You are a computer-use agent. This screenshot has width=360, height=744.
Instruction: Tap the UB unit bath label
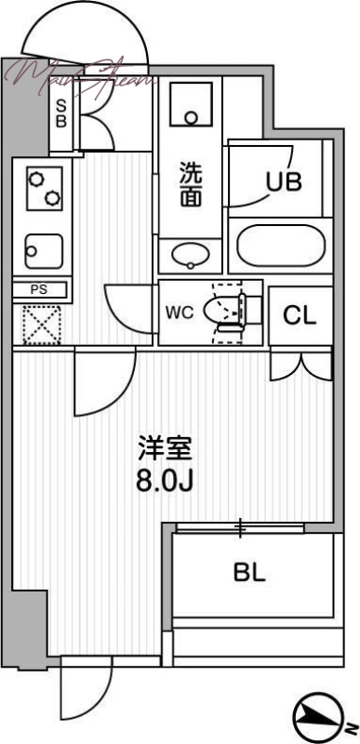(x=284, y=182)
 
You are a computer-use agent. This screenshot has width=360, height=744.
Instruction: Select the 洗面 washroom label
(x=191, y=183)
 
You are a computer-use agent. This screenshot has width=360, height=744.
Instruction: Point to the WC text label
(x=180, y=312)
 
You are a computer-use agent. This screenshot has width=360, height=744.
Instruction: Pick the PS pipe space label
(x=39, y=289)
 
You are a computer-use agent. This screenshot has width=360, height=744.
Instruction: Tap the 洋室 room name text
(x=166, y=451)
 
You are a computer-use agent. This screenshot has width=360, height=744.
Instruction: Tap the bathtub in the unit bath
(x=280, y=247)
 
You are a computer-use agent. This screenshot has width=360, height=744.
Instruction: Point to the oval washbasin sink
(x=191, y=253)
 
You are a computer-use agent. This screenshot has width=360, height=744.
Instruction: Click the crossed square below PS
(x=40, y=325)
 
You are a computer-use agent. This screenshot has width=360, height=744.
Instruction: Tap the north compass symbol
(x=316, y=716)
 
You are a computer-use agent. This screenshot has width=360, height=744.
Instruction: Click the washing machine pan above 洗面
(x=192, y=105)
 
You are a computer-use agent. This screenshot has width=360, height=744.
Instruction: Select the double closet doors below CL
(x=300, y=365)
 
